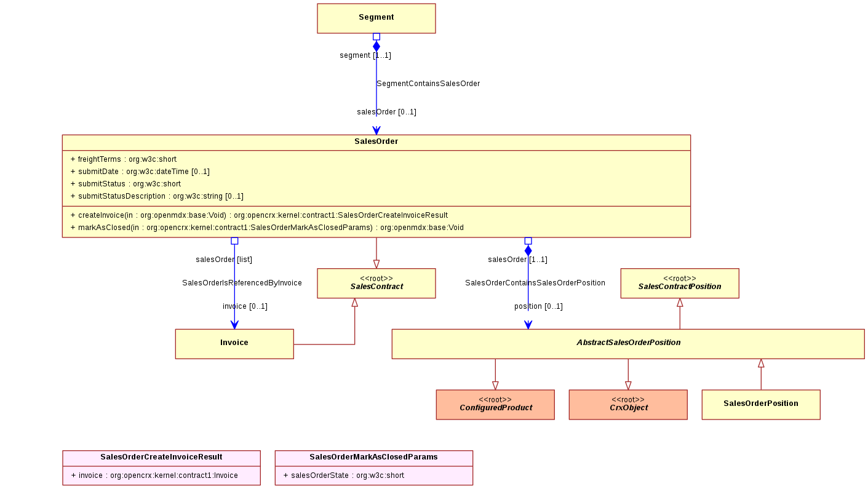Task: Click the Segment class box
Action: (376, 18)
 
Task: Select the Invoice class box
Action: (234, 344)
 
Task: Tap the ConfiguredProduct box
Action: (495, 405)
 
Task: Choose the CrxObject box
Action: (628, 405)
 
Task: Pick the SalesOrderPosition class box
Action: (761, 405)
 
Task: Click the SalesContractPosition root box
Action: (680, 283)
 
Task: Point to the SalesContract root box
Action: (376, 283)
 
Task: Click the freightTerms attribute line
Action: (123, 159)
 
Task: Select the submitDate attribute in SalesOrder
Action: (140, 171)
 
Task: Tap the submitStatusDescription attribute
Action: (157, 196)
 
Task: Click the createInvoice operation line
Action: (259, 215)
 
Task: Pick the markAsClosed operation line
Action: (267, 228)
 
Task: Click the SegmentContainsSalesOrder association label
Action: (428, 83)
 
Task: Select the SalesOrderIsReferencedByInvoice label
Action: (242, 283)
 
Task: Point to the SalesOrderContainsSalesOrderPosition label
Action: (535, 283)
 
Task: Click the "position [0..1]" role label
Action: (539, 306)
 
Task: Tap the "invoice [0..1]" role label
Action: (245, 306)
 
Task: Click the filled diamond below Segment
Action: (376, 47)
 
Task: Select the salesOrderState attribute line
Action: (344, 475)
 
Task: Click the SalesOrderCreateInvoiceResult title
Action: (161, 457)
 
